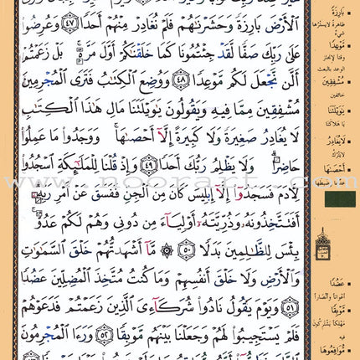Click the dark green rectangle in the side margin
(339, 199)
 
